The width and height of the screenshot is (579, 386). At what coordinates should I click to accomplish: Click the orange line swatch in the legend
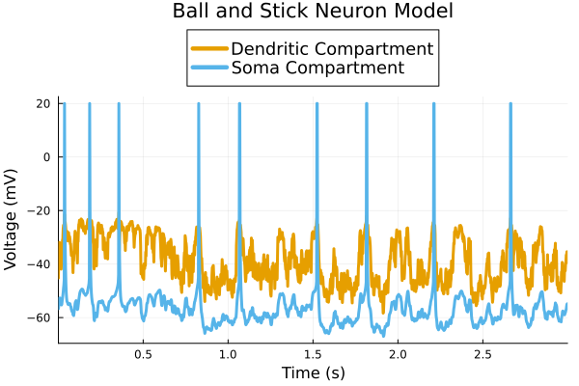pyautogui.click(x=209, y=48)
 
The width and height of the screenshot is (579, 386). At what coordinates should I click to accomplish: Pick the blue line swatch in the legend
pyautogui.click(x=209, y=69)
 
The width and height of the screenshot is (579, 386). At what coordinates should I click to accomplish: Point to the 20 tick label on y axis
pyautogui.click(x=43, y=103)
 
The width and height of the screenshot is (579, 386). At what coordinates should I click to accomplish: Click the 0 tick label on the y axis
pyautogui.click(x=47, y=156)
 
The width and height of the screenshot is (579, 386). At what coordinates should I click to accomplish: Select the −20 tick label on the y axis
pyautogui.click(x=40, y=210)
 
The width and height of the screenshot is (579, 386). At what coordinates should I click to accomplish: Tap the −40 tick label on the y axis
pyautogui.click(x=40, y=263)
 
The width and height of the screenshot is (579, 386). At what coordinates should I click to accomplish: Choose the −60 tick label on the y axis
pyautogui.click(x=40, y=317)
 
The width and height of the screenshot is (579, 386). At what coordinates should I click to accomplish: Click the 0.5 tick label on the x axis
pyautogui.click(x=143, y=354)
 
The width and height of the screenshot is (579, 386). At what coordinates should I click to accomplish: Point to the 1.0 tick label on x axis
pyautogui.click(x=228, y=354)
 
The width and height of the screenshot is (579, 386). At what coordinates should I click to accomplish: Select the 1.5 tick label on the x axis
pyautogui.click(x=313, y=354)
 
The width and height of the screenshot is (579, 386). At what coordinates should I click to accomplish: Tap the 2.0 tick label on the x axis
pyautogui.click(x=398, y=354)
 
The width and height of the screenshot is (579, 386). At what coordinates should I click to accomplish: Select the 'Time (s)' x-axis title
pyautogui.click(x=313, y=372)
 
